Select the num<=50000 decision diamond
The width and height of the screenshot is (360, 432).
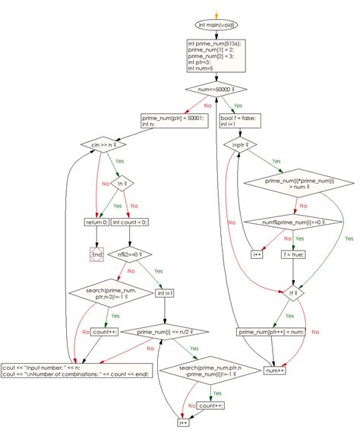[216, 91]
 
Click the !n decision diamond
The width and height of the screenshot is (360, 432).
[121, 182]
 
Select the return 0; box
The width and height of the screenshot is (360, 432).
[96, 222]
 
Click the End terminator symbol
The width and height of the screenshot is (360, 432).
[96, 255]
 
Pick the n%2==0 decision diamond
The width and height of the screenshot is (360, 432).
[131, 254]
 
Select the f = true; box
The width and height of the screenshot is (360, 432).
[293, 254]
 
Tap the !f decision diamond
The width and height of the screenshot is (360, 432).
[293, 292]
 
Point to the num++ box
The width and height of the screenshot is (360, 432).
[273, 370]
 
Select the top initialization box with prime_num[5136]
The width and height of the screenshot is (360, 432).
[216, 57]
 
